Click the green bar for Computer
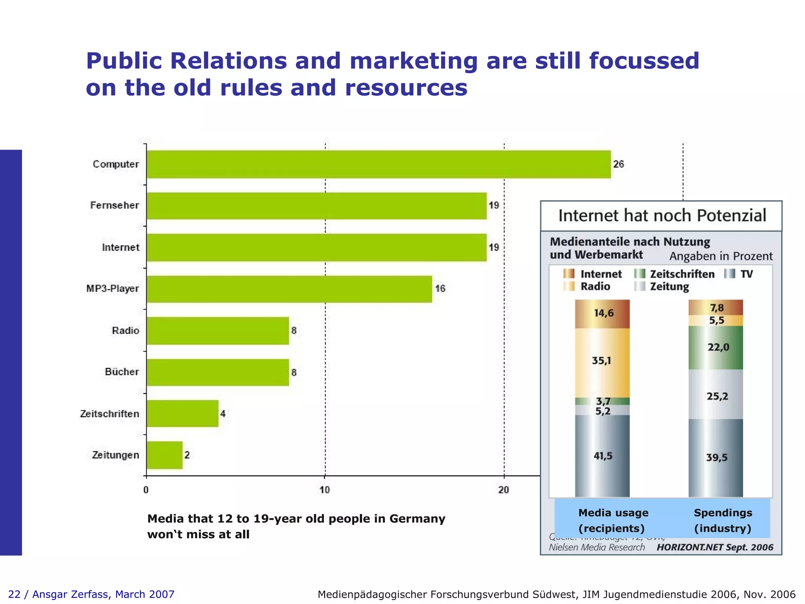click(379, 164)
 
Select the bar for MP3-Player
click(289, 289)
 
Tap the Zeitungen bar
click(164, 455)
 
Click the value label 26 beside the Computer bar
click(618, 164)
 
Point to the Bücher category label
click(122, 372)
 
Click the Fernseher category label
click(114, 205)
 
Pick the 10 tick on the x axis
click(325, 490)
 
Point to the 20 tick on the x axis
click(504, 490)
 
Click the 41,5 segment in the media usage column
click(602, 456)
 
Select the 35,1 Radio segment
click(602, 361)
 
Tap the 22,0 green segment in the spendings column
click(716, 347)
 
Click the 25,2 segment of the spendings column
click(716, 396)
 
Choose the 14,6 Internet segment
click(602, 313)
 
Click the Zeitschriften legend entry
click(675, 274)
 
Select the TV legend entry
click(739, 274)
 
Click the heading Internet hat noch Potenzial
click(662, 216)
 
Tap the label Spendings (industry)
click(722, 520)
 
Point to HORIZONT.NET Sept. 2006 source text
click(715, 547)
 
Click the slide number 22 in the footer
click(14, 594)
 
